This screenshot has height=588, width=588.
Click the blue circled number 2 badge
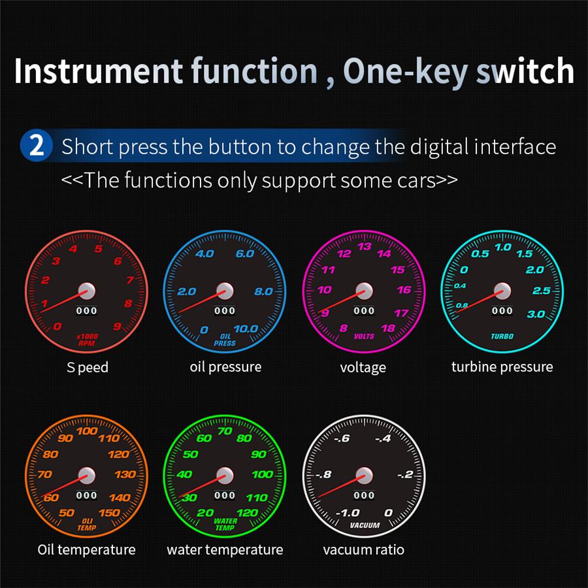[37, 145]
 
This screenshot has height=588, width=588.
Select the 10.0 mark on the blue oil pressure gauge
[246, 329]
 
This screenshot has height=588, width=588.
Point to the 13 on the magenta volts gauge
[365, 246]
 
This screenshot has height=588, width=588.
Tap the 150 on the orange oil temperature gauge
[109, 512]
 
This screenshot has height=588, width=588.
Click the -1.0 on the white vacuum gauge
[347, 513]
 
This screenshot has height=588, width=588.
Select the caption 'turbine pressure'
[502, 367]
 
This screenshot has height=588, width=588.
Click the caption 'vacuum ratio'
[363, 549]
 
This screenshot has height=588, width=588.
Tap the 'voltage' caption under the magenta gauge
[363, 367]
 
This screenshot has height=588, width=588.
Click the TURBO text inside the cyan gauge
[502, 336]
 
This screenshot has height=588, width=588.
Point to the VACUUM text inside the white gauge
[365, 525]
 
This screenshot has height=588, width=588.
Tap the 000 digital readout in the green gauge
[225, 495]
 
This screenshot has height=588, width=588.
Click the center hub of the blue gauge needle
[225, 291]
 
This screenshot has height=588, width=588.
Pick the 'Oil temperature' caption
[86, 549]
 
